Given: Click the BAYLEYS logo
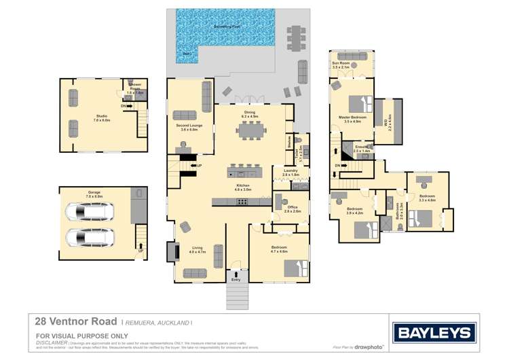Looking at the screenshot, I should click(x=434, y=332).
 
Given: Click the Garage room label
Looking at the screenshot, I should click(x=94, y=194).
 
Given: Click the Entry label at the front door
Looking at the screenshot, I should click(x=235, y=279).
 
